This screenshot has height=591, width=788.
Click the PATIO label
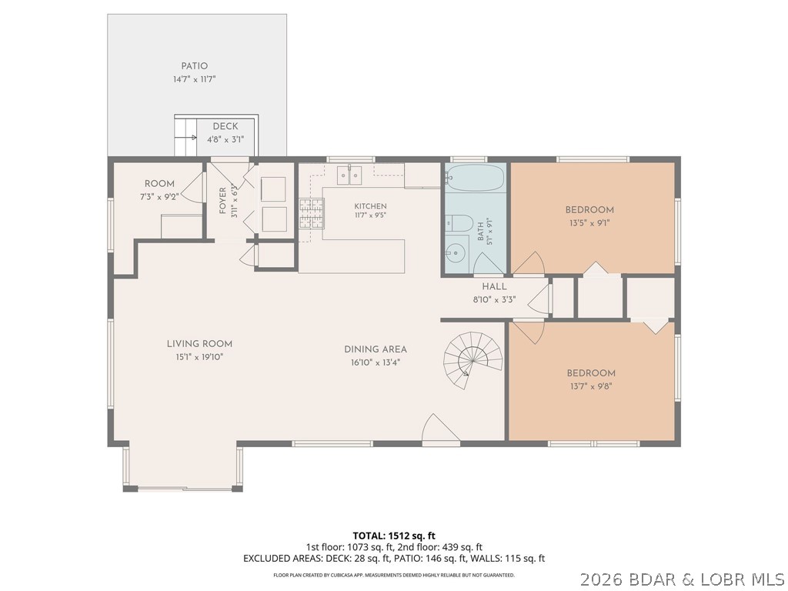click(x=195, y=66)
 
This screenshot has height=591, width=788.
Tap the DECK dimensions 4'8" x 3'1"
click(x=225, y=139)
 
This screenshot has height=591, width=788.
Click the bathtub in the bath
click(x=475, y=178)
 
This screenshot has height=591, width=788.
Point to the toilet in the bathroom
click(x=459, y=223)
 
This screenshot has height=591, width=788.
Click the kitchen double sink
click(x=349, y=175)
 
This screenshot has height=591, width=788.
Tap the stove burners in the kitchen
click(x=312, y=214)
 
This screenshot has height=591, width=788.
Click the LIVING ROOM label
click(x=199, y=344)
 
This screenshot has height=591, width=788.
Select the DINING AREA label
click(x=376, y=349)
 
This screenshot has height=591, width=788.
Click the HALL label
click(x=495, y=286)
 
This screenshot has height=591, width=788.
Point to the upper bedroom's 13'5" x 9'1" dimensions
click(x=589, y=223)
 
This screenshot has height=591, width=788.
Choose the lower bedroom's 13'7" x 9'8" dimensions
click(x=591, y=386)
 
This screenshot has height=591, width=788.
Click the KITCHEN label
click(x=370, y=206)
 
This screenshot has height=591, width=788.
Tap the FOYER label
click(x=222, y=201)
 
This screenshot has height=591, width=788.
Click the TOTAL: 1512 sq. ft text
click(x=390, y=536)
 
